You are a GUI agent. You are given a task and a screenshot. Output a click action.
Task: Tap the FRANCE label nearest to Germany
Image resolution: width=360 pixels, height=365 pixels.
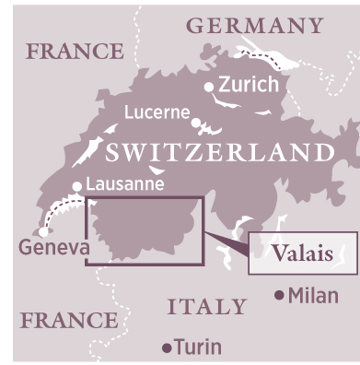[x=75, y=52]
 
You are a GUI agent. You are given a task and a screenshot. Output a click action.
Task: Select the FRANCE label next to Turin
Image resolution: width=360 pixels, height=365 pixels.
[x=69, y=321]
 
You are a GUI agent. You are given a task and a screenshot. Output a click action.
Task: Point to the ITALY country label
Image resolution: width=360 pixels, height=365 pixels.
[x=206, y=306]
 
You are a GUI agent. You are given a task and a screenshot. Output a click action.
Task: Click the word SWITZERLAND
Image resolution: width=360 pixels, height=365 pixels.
[x=218, y=152]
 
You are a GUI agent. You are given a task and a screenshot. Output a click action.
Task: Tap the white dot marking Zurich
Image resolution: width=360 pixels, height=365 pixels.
[x=210, y=88]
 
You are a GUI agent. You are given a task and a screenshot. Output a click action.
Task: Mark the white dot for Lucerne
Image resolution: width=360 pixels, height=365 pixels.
[x=195, y=121]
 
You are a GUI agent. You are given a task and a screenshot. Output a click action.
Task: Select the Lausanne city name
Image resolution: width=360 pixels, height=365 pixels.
[x=124, y=184]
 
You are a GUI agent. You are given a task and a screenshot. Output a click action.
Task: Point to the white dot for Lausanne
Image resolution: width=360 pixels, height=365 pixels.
[x=77, y=186]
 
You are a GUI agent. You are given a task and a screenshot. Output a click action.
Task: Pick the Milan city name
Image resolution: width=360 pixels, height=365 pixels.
[x=313, y=296]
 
